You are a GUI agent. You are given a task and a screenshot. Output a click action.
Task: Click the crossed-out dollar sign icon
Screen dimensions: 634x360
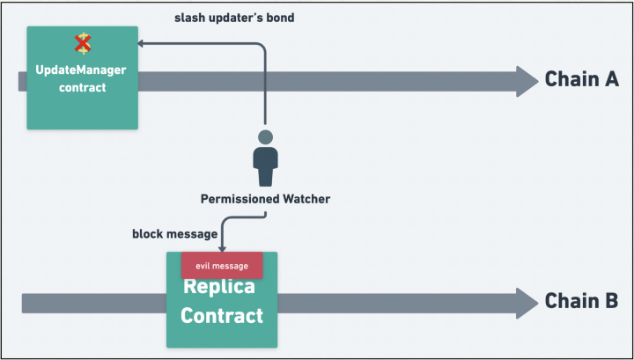(x=83, y=44)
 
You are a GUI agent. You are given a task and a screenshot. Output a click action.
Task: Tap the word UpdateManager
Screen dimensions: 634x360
(x=81, y=70)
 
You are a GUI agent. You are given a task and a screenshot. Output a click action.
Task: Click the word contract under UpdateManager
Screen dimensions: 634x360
(x=83, y=88)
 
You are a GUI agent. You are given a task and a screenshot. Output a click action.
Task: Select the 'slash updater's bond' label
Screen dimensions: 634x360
(x=234, y=18)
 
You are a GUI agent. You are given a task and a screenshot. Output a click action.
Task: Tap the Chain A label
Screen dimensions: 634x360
(x=582, y=79)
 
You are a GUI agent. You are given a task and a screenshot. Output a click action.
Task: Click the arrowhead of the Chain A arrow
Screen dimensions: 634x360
(x=527, y=82)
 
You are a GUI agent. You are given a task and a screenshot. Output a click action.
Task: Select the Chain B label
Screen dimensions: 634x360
(x=581, y=301)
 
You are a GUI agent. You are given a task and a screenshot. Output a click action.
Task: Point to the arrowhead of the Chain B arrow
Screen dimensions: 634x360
(x=527, y=304)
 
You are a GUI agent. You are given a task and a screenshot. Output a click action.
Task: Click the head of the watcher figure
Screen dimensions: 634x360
(x=265, y=137)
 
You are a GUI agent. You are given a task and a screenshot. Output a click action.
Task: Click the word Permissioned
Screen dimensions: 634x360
(x=240, y=199)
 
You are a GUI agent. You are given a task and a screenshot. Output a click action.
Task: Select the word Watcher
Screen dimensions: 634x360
(x=306, y=199)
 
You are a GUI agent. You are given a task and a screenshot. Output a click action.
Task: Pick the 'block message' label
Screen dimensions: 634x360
(x=174, y=234)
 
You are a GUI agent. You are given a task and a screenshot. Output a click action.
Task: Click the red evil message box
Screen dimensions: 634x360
(x=222, y=266)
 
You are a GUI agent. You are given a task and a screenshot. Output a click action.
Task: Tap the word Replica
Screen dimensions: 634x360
(x=219, y=286)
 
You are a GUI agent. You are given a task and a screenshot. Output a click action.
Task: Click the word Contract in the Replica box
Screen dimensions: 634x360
(x=222, y=316)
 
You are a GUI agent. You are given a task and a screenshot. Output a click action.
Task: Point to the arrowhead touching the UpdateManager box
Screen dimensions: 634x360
(x=140, y=43)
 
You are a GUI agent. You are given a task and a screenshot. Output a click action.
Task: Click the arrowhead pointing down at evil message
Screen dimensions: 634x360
(x=222, y=249)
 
